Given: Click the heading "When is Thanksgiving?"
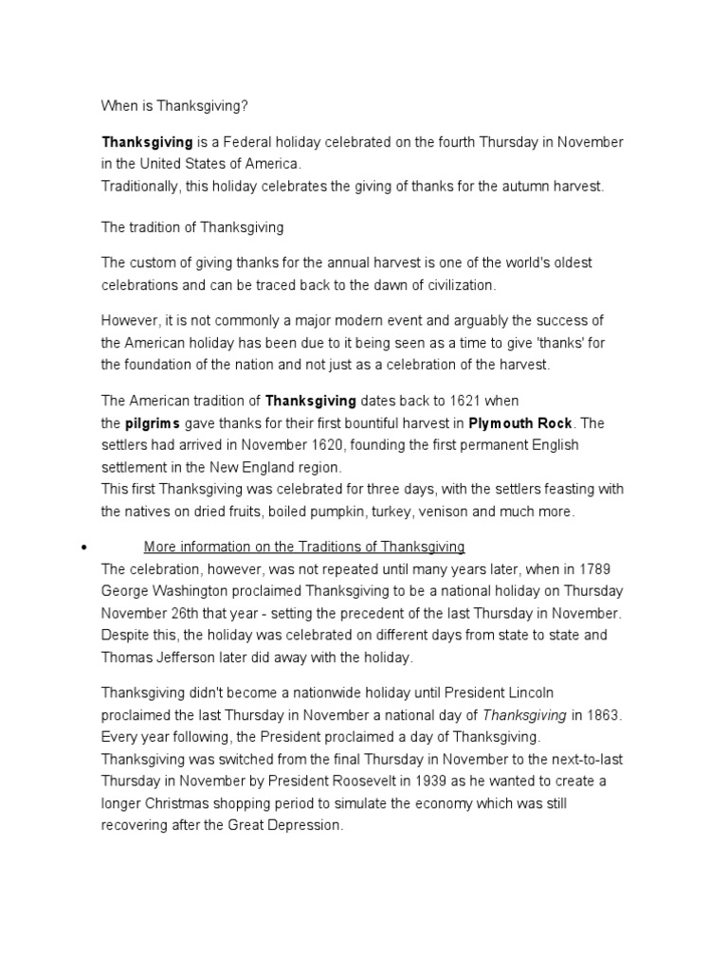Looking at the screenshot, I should click(167, 107).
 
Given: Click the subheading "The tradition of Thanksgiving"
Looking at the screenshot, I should click(192, 228).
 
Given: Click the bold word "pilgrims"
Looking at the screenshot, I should click(154, 422).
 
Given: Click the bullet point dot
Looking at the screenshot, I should click(85, 548).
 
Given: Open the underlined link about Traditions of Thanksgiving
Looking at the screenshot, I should click(303, 547).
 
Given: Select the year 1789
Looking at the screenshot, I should click(604, 568).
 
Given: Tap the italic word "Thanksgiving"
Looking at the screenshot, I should click(526, 713).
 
